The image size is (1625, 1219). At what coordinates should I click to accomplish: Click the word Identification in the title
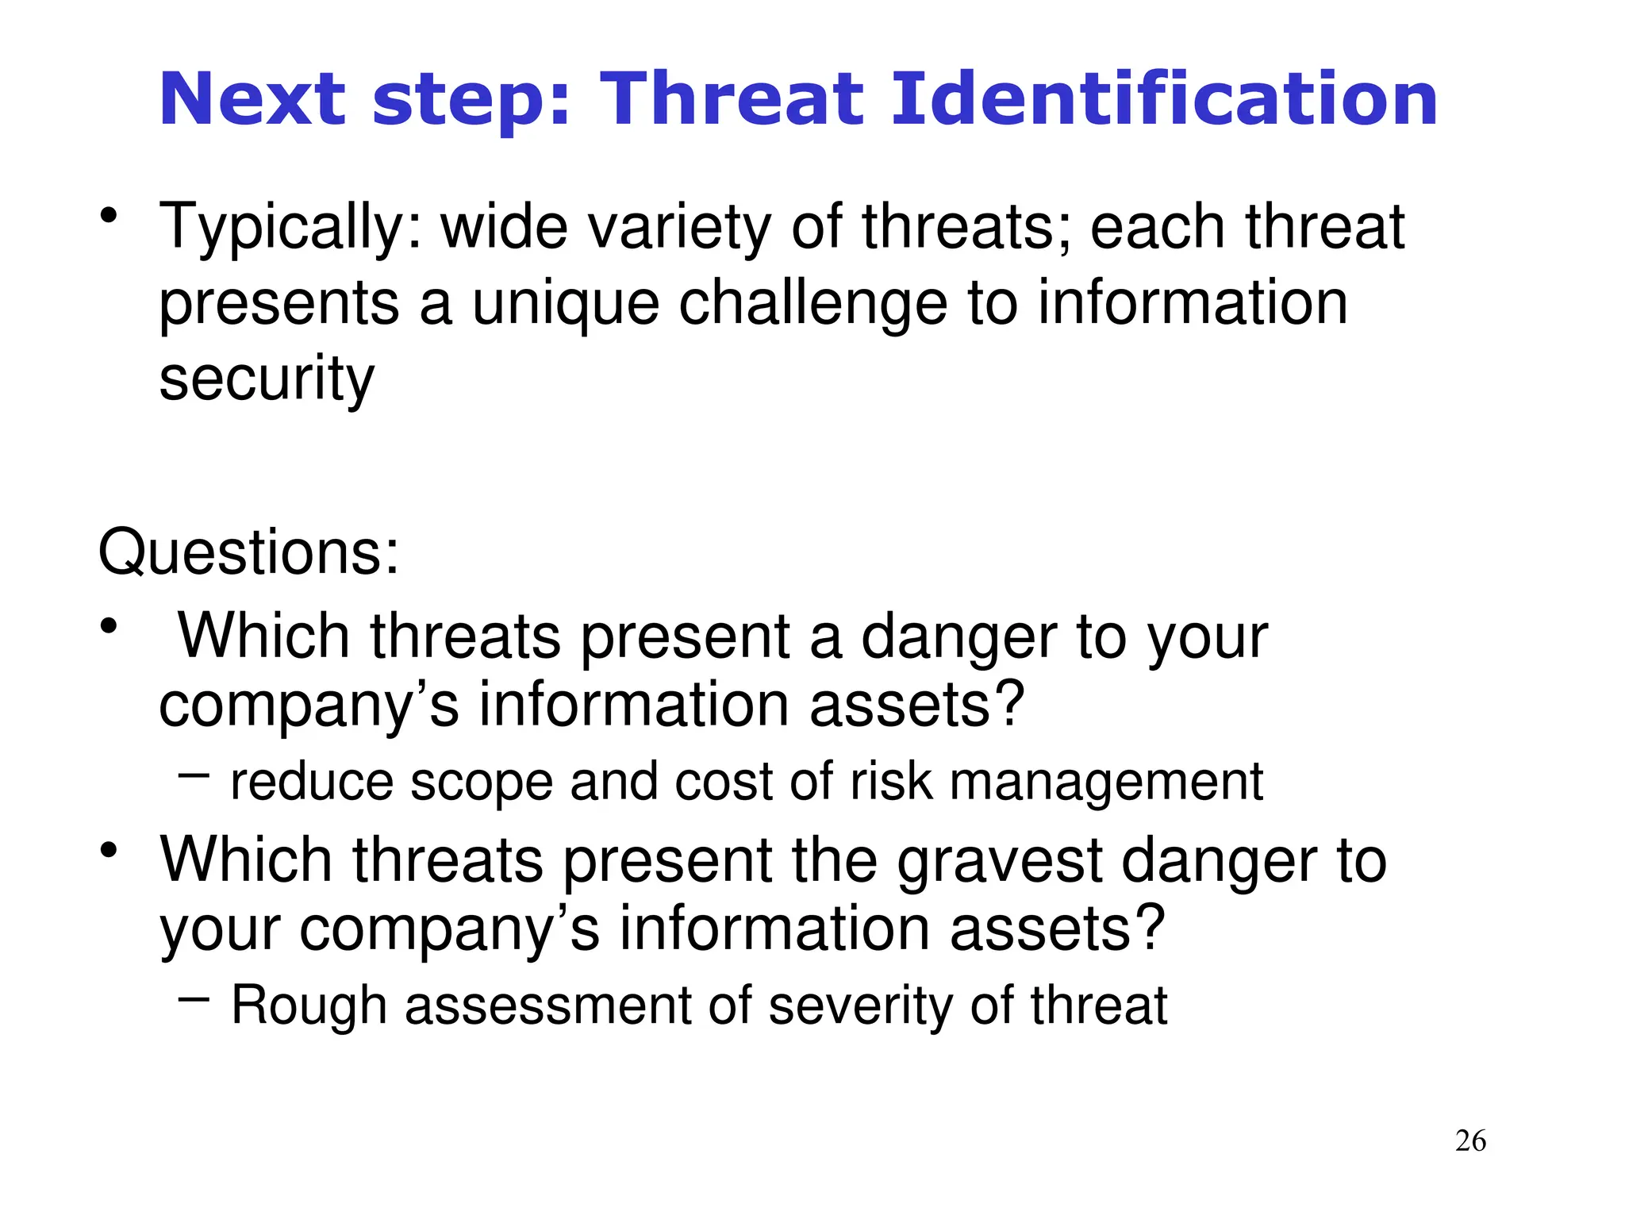tap(1164, 99)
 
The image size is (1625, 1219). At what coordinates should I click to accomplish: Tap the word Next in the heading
tap(252, 99)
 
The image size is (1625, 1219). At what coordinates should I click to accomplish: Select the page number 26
tap(1470, 1141)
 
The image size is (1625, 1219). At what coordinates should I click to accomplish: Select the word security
tap(267, 380)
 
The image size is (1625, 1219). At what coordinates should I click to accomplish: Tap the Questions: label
tap(248, 552)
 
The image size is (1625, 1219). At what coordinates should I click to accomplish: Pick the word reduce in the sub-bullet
tap(311, 782)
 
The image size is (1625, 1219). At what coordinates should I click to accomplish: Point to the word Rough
tap(309, 1006)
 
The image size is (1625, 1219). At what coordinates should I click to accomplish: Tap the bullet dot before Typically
tap(109, 216)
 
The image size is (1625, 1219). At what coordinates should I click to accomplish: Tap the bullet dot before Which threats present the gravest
tap(109, 851)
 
